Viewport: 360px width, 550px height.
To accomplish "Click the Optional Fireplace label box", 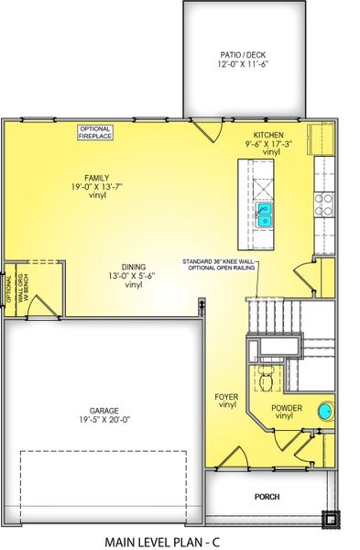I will pyautogui.click(x=94, y=132).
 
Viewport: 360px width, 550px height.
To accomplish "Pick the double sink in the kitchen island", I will pyautogui.click(x=263, y=215).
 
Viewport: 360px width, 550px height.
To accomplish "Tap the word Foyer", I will pyautogui.click(x=227, y=396).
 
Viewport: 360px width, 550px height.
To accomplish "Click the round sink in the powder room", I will pyautogui.click(x=325, y=411).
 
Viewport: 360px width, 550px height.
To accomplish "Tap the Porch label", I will pyautogui.click(x=267, y=497).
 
